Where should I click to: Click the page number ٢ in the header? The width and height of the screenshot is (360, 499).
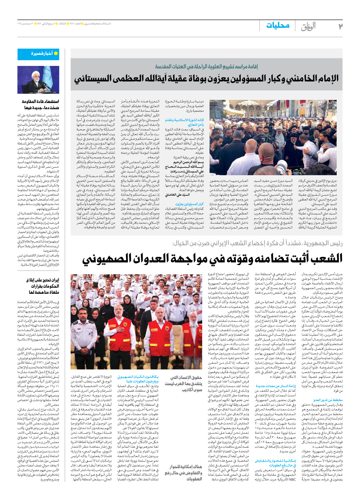[x=340, y=26]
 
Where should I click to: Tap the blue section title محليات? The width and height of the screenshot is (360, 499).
[x=278, y=25]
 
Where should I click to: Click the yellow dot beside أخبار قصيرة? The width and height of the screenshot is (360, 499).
[x=56, y=54]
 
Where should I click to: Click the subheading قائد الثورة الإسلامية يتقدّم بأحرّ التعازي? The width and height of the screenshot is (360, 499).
[x=185, y=122]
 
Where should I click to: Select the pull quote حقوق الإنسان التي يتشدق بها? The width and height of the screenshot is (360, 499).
[x=184, y=384]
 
